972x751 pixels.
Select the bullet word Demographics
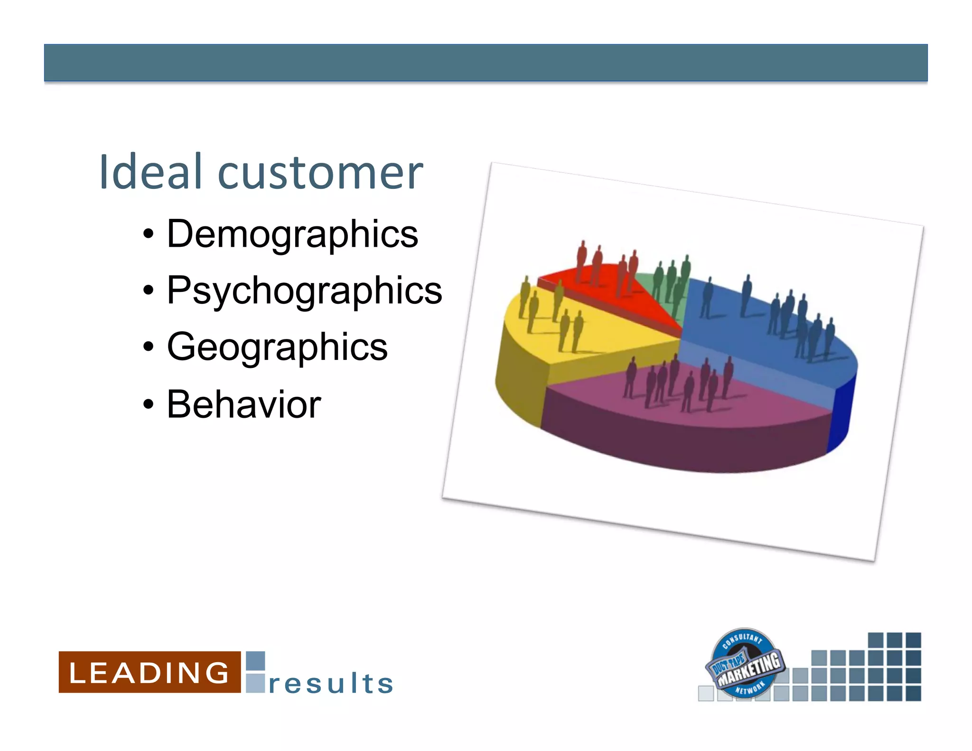tap(292, 234)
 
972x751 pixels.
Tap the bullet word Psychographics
tap(304, 291)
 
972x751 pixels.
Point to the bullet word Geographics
tap(277, 347)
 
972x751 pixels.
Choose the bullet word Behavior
tap(244, 404)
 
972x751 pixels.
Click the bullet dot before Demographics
tap(149, 234)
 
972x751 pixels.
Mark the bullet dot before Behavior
tap(149, 404)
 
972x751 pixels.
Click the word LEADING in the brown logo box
tap(149, 673)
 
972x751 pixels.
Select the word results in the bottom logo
tap(331, 684)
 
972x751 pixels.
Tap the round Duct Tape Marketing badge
tap(744, 663)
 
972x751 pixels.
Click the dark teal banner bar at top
tap(486, 63)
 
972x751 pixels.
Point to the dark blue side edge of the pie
tap(841, 413)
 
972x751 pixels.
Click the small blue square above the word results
tap(255, 661)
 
